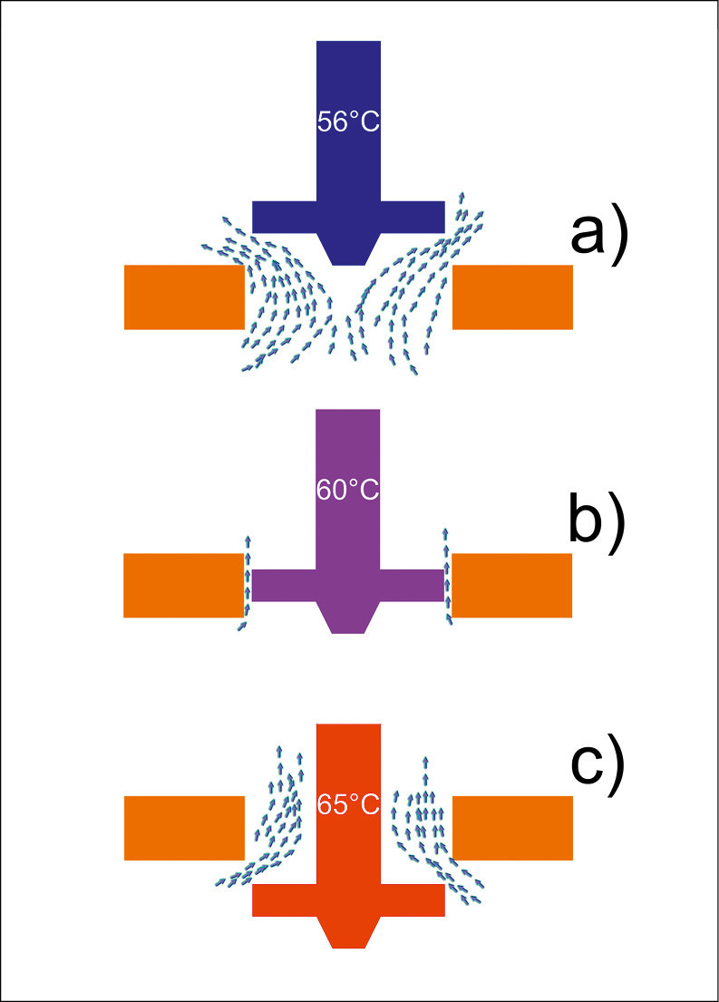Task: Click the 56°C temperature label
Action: pyautogui.click(x=348, y=122)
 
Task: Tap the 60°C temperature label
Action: pyautogui.click(x=348, y=491)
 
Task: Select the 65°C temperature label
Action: pyautogui.click(x=348, y=803)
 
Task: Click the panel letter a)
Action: pyautogui.click(x=598, y=234)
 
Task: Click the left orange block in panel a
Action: pyautogui.click(x=184, y=297)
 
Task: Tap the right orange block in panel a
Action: pyautogui.click(x=512, y=297)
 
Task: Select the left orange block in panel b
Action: pyautogui.click(x=184, y=585)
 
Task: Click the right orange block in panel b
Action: pyautogui.click(x=512, y=585)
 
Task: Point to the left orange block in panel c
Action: pyautogui.click(x=184, y=827)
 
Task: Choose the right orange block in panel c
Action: pyautogui.click(x=512, y=827)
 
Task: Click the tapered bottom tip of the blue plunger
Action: pyautogui.click(x=348, y=248)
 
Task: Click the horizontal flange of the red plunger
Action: pyautogui.click(x=348, y=900)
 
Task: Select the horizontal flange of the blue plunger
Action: pyautogui.click(x=348, y=216)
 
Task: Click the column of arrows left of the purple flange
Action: pyautogui.click(x=245, y=580)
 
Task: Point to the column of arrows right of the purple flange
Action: pyautogui.click(x=446, y=576)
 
